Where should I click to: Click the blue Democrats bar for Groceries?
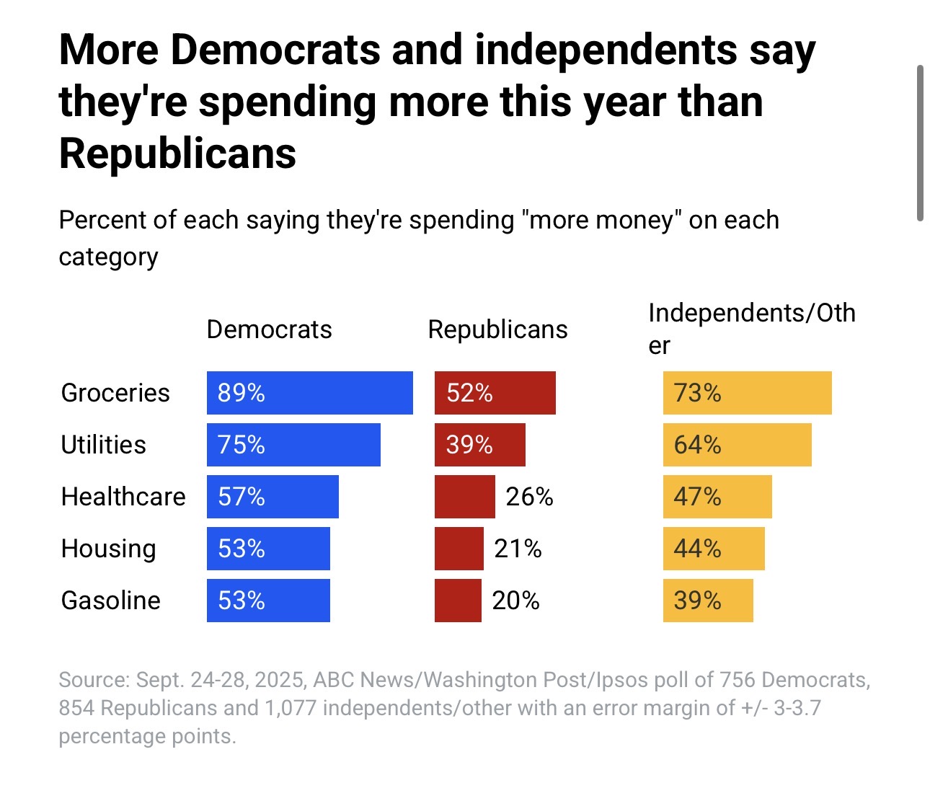click(310, 393)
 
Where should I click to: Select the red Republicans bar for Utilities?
click(480, 445)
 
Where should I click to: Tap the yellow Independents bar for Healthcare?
click(717, 497)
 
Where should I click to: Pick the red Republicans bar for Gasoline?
click(458, 601)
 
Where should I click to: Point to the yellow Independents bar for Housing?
click(714, 549)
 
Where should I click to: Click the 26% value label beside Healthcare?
click(529, 497)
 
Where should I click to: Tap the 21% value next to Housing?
click(518, 549)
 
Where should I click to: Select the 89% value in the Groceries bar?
click(242, 393)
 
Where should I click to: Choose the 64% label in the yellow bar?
click(697, 445)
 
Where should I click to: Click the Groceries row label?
click(115, 393)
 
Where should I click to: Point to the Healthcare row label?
click(123, 497)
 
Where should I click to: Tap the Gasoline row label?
click(111, 601)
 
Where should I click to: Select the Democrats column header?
click(269, 329)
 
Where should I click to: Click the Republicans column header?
click(497, 329)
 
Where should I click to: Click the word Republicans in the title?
click(177, 154)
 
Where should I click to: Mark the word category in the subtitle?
click(108, 257)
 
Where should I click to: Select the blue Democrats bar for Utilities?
click(293, 445)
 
